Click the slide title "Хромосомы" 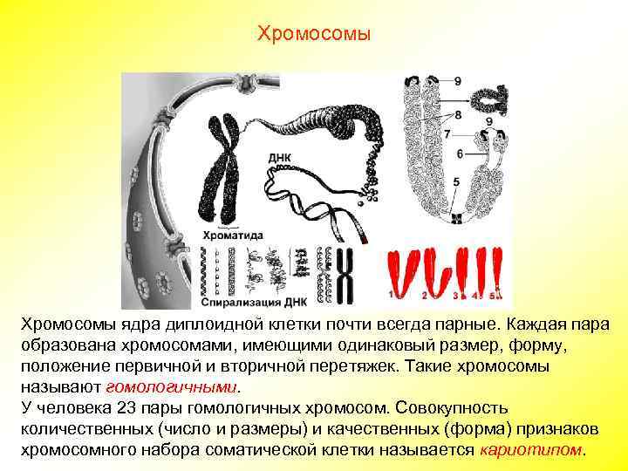click(314, 34)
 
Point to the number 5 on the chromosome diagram click(456, 181)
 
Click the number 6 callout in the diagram click(459, 152)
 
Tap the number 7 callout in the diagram click(447, 134)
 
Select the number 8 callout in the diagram click(459, 114)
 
